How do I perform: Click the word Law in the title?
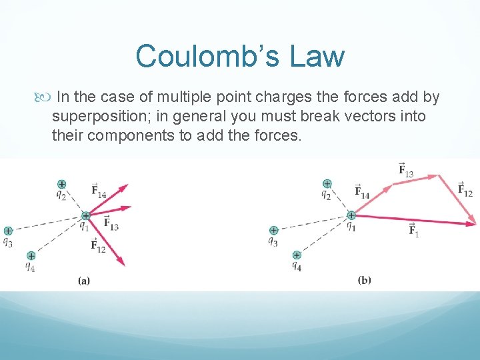[318, 56]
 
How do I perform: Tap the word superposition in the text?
[107, 117]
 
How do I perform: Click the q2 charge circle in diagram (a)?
[61, 184]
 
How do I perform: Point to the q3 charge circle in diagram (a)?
[7, 231]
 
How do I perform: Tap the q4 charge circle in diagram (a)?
[31, 255]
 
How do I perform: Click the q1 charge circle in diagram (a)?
[85, 215]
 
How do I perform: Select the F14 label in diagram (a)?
[98, 191]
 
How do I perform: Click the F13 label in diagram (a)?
[111, 223]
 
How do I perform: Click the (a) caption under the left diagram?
[84, 281]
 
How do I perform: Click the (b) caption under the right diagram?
[364, 280]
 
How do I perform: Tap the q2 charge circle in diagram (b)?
[327, 184]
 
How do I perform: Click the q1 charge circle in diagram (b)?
[351, 215]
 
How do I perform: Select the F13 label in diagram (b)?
[405, 170]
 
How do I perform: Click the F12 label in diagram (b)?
[465, 189]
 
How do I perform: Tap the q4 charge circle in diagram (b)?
[297, 255]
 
